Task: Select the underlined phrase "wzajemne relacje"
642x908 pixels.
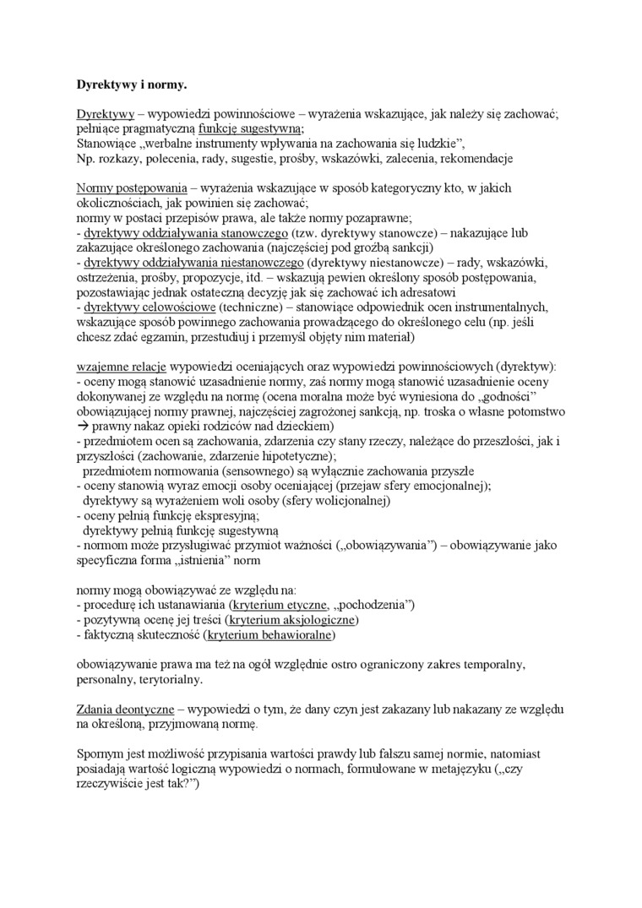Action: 122,367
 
